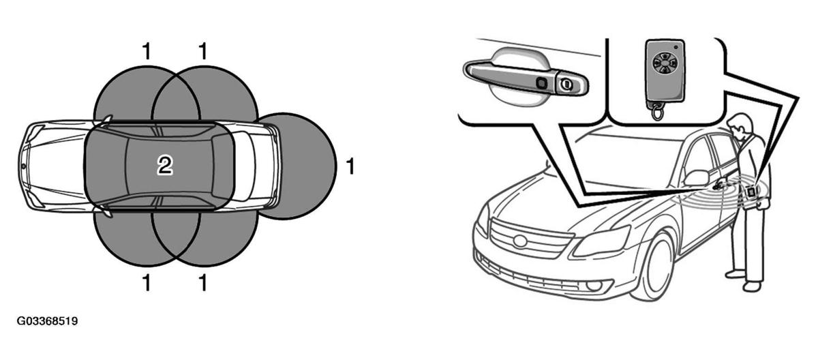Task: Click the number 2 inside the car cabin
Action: pos(165,166)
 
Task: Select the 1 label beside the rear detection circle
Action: pos(350,166)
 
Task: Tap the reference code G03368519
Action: pos(47,321)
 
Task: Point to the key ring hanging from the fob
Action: pos(657,110)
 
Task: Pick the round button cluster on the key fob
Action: pos(663,64)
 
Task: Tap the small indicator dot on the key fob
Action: pos(676,47)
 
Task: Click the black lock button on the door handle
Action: pos(541,82)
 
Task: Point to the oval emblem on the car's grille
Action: pos(519,240)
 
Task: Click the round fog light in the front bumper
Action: pos(594,286)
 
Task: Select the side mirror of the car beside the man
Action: pos(697,178)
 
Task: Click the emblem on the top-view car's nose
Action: pos(23,166)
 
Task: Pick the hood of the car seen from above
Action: pos(55,166)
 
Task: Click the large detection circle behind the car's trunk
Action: pos(296,166)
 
